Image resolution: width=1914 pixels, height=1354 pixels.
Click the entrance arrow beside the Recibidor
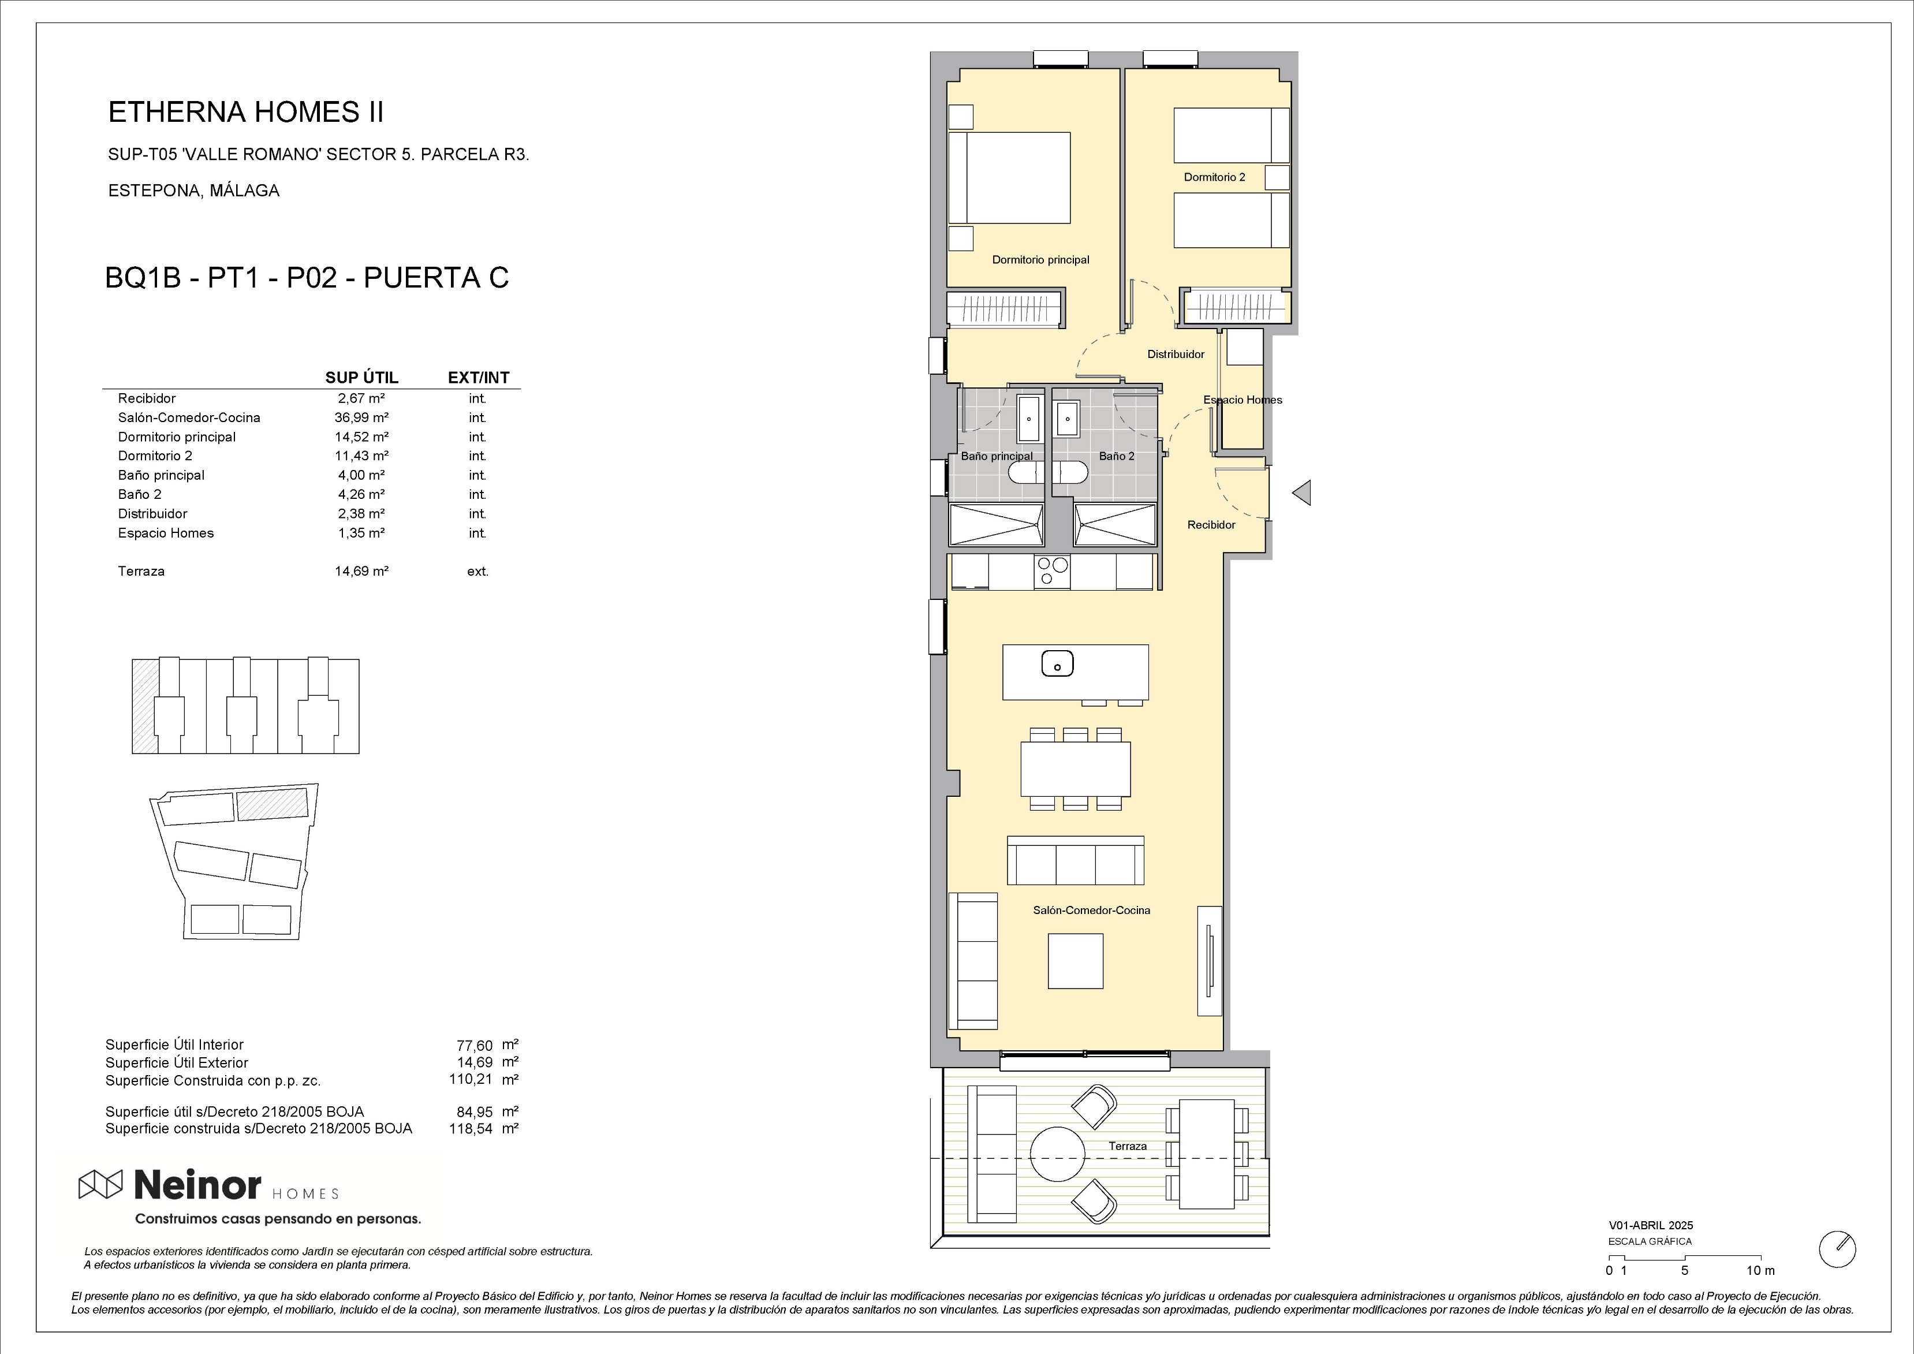[1302, 493]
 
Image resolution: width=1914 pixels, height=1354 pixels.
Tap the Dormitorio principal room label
[1040, 259]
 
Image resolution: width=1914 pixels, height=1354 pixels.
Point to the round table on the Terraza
[1058, 1154]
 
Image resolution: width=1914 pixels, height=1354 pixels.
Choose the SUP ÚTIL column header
[362, 378]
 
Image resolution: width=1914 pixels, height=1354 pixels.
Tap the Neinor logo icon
[100, 1184]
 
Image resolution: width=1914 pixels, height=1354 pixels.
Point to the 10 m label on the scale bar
[1760, 1271]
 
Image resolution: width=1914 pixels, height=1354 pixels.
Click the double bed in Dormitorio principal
[1009, 178]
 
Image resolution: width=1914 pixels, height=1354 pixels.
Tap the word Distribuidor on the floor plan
[1176, 355]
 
